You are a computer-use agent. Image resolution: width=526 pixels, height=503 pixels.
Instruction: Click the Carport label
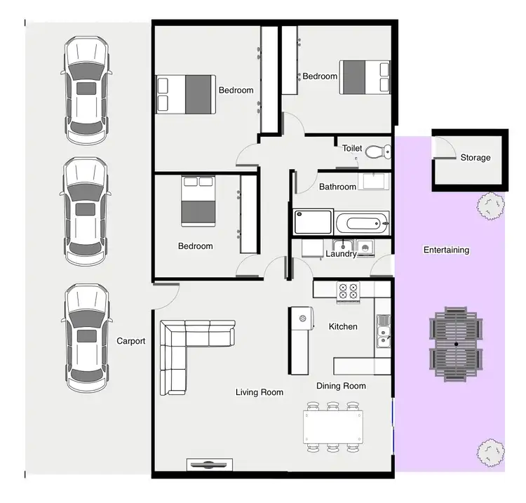coord(130,342)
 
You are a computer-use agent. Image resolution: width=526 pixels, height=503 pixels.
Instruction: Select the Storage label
coord(475,158)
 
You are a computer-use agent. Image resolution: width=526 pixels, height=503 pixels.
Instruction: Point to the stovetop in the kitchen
coord(347,291)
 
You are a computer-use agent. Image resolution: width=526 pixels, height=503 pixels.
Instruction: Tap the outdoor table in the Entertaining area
coord(456,344)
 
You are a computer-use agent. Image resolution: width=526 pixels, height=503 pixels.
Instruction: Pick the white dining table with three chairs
coord(334,425)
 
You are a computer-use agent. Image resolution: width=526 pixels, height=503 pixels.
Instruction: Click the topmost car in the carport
coord(86,88)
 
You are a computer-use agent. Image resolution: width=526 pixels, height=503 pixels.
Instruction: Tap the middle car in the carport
coord(86,210)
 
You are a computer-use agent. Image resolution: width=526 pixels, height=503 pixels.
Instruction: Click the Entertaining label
coord(446,250)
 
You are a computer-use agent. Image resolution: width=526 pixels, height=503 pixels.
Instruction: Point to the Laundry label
coord(342,254)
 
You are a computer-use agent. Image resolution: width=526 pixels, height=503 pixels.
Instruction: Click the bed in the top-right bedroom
coord(365,77)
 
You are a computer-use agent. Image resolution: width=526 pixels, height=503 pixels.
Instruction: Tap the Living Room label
coord(259,392)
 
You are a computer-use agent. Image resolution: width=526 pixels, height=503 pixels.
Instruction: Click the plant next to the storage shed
coord(490,205)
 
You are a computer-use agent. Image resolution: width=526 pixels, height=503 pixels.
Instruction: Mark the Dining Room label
coord(341,386)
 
